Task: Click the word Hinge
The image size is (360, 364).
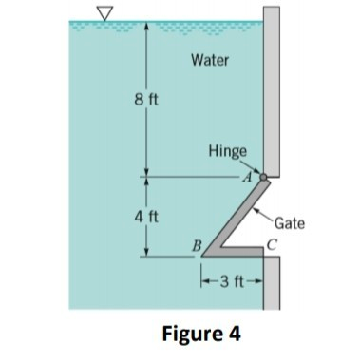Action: [228, 152]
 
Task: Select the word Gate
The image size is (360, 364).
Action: [289, 224]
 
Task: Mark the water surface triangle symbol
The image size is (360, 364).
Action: [101, 11]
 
